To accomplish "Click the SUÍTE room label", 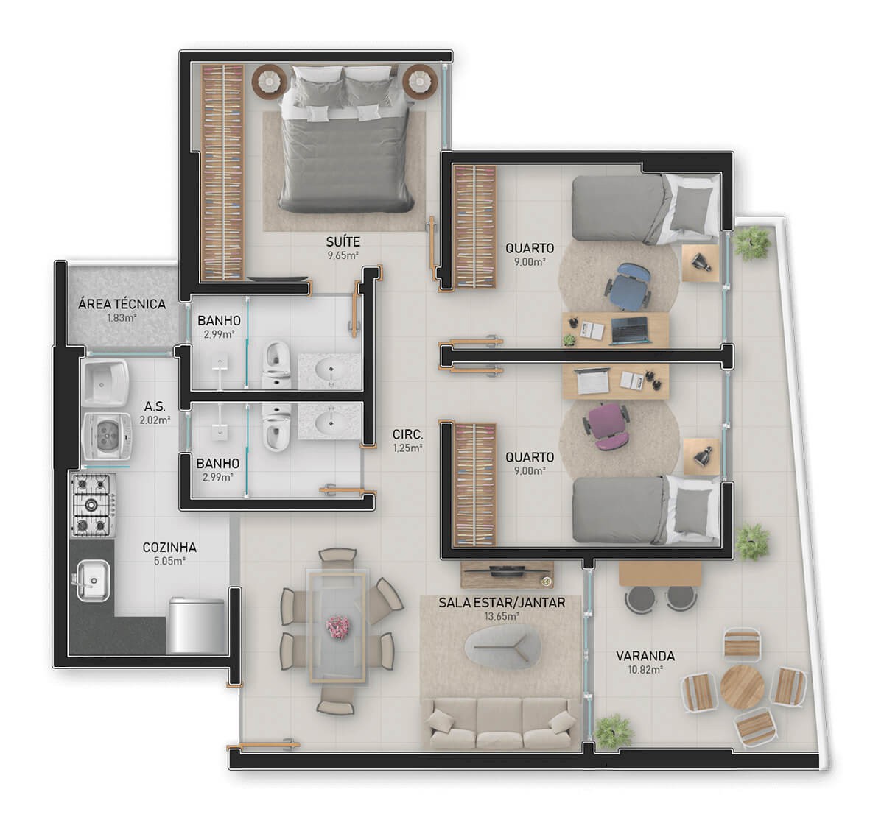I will (343, 241).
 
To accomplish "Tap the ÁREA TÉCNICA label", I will (122, 304).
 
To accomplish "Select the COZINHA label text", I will (169, 547).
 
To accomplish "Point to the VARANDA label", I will (645, 656).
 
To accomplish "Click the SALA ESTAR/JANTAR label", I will (502, 603).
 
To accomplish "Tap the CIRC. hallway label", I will (407, 434).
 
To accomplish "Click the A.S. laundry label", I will (155, 406).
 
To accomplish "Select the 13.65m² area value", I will (502, 616).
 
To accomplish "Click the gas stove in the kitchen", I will (92, 505).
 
